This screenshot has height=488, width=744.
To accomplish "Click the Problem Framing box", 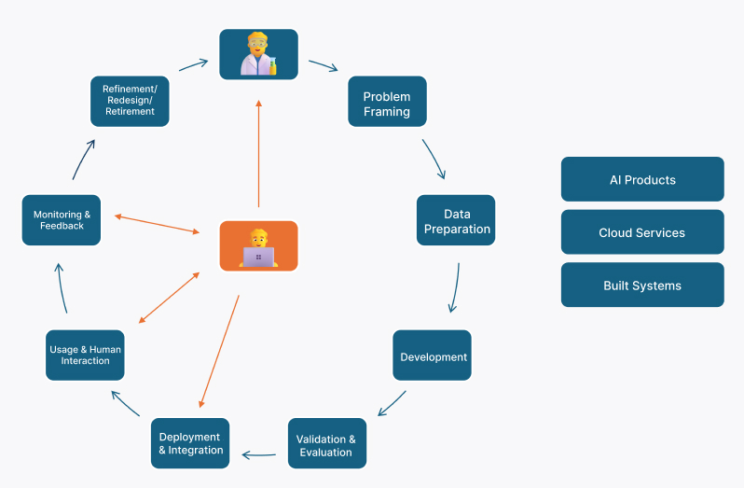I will (x=387, y=103).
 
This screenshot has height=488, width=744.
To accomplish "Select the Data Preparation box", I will (x=456, y=221).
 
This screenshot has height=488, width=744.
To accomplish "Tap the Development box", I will (x=433, y=356).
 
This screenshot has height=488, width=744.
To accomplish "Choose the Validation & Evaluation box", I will (x=326, y=444).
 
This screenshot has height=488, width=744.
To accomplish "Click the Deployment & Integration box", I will (x=190, y=443).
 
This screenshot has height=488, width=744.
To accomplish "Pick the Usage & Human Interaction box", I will (x=85, y=355).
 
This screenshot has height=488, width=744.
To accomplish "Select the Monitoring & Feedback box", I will (x=62, y=220).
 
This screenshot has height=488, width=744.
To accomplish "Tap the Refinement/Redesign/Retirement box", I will (x=130, y=101).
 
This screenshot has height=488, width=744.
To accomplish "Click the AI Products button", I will (x=641, y=179).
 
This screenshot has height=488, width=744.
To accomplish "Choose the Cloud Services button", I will (x=641, y=232).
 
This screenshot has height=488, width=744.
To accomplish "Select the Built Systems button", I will (x=641, y=285).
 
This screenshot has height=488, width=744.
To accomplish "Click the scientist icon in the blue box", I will (x=258, y=54).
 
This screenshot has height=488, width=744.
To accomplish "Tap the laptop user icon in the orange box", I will (x=258, y=246).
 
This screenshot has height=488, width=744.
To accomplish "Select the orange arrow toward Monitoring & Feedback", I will (x=157, y=224).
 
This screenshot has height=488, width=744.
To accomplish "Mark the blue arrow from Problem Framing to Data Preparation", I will (x=434, y=160).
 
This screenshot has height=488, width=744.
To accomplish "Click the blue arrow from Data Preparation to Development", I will (x=455, y=287).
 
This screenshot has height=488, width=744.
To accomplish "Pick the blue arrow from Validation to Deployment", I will (x=259, y=455).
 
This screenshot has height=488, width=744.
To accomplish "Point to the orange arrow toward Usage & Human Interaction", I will (x=169, y=298).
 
